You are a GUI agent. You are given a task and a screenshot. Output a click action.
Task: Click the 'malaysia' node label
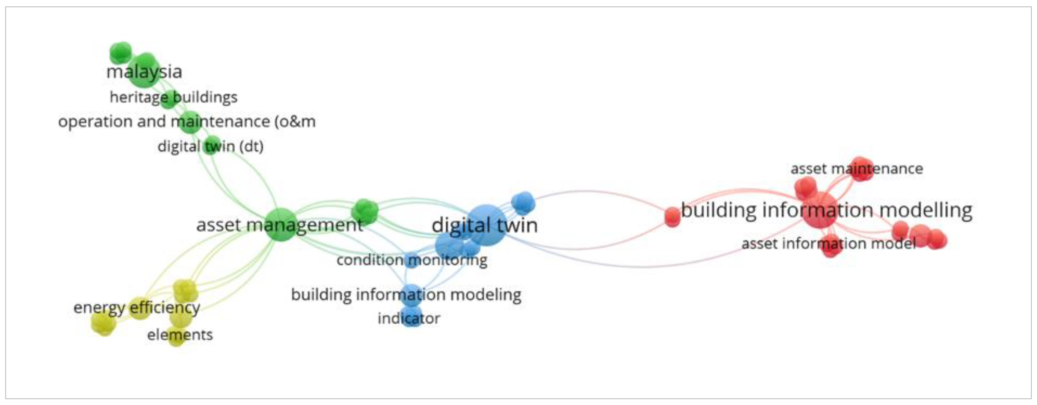tap(144, 72)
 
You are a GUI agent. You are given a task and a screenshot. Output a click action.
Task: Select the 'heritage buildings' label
tap(174, 97)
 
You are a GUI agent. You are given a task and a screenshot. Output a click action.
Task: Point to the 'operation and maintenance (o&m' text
tap(187, 122)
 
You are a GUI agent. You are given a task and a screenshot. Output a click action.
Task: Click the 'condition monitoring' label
tap(412, 260)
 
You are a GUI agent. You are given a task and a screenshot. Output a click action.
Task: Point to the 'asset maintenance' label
tap(857, 169)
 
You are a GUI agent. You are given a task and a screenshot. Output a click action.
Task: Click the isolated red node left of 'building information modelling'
tap(672, 217)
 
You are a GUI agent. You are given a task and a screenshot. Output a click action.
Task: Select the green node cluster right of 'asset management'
tap(365, 211)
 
